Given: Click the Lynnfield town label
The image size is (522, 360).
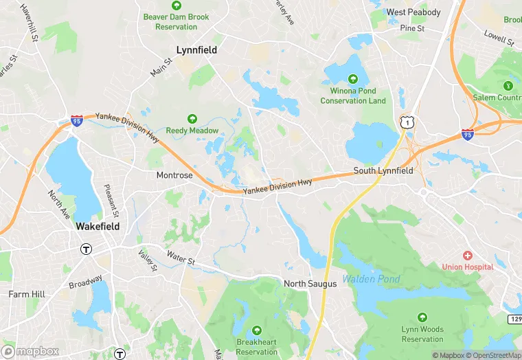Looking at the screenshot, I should [x=196, y=50].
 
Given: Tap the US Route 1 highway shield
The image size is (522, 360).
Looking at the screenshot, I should [x=408, y=122].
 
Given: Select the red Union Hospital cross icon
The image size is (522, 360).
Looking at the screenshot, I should [x=468, y=256].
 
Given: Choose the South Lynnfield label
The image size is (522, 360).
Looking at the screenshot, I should [x=383, y=170].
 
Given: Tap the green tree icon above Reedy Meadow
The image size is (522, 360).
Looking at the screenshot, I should [x=192, y=119].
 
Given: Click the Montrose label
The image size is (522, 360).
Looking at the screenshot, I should [x=174, y=175].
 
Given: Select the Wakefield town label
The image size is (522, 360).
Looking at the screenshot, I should [x=98, y=226].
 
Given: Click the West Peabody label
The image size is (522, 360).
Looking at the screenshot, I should [x=413, y=12].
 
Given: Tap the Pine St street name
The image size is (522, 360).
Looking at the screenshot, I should [x=413, y=28].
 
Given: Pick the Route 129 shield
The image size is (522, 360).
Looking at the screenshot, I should [x=514, y=321].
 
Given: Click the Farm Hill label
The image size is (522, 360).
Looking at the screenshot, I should [x=27, y=294].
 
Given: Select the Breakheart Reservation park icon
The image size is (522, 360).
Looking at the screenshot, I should [x=256, y=330].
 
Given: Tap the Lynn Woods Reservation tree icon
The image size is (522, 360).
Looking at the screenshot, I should [x=422, y=318].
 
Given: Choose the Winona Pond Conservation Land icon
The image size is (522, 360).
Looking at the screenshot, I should [x=353, y=78].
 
